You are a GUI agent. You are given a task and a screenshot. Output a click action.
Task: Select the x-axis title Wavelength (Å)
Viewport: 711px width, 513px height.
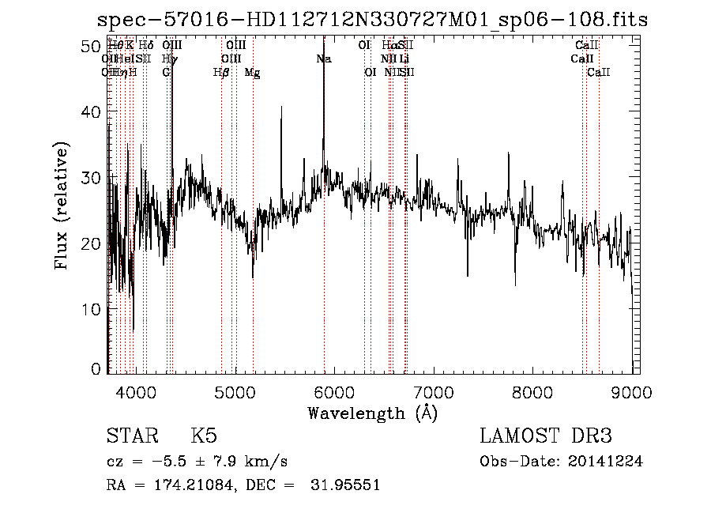(372, 413)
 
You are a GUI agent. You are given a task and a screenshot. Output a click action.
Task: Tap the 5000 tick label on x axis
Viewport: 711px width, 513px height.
(235, 392)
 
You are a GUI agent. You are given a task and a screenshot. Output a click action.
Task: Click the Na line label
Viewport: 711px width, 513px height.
(323, 59)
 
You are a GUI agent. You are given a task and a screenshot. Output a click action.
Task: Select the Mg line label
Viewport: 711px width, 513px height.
(252, 73)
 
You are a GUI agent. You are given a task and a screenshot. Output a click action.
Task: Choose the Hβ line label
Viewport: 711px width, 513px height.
(221, 73)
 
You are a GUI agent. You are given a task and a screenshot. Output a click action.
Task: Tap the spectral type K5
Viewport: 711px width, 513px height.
(204, 436)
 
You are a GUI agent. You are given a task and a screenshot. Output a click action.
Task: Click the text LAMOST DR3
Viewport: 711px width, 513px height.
(545, 436)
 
